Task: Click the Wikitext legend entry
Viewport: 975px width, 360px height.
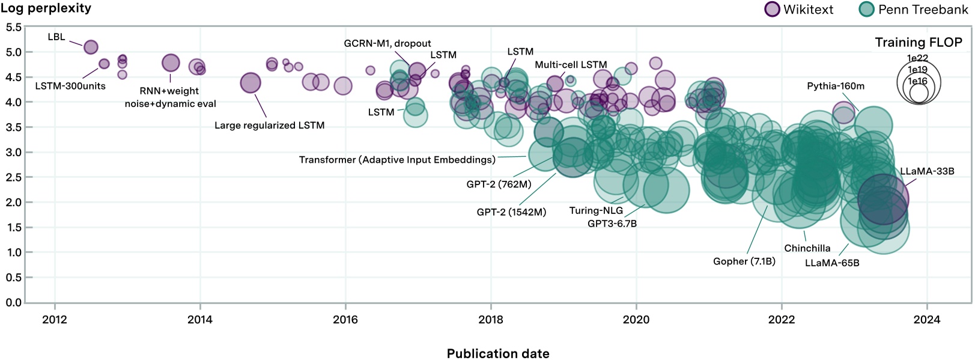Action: [799, 10]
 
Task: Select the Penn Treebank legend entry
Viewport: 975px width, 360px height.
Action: [914, 10]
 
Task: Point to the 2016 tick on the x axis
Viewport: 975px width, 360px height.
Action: [345, 320]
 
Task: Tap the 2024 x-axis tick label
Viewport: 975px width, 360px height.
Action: [926, 320]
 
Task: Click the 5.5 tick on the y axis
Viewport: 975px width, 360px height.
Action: [13, 27]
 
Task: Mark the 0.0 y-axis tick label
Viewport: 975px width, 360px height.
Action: [13, 302]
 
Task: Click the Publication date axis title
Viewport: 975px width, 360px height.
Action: [497, 353]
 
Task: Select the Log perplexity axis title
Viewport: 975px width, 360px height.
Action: [46, 8]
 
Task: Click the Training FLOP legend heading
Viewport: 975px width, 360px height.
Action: [918, 42]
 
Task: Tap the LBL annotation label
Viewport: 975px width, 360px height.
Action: [56, 37]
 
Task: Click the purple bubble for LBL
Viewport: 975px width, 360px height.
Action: [91, 47]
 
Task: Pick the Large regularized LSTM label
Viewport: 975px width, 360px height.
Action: [269, 125]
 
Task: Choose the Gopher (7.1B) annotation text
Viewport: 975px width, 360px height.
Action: [744, 261]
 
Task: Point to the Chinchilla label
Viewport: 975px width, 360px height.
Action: [807, 248]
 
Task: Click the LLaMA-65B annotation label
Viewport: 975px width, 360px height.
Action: [831, 263]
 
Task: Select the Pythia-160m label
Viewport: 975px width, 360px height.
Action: [835, 86]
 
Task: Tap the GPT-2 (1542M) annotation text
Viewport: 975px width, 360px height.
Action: [511, 212]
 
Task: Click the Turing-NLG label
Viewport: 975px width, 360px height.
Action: [595, 210]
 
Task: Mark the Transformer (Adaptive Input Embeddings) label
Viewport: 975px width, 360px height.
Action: [397, 159]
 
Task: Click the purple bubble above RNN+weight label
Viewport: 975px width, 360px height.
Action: [171, 63]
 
